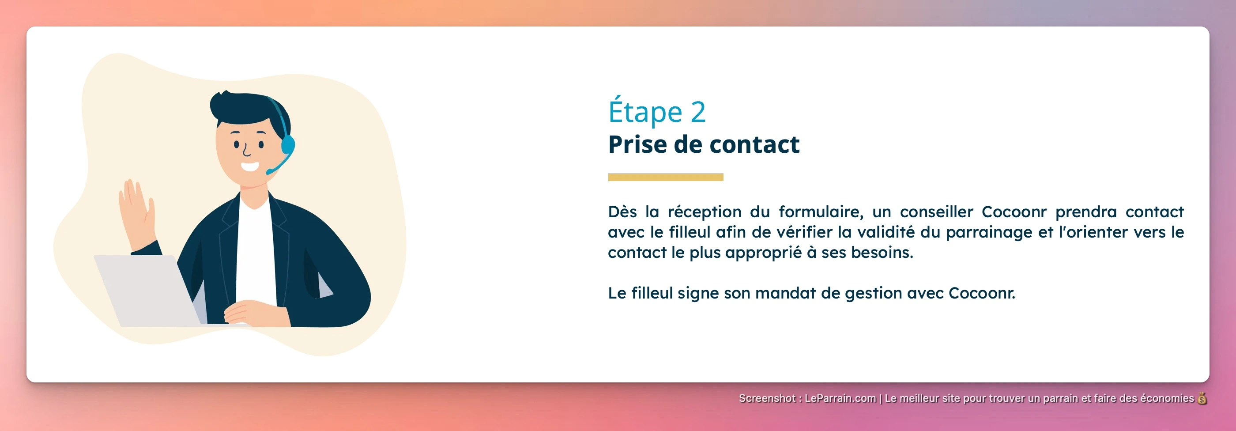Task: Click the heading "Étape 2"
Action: [x=656, y=111]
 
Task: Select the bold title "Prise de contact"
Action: [x=703, y=144]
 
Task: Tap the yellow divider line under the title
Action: [x=665, y=177]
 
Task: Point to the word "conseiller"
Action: [x=936, y=212]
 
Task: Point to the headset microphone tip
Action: [x=269, y=172]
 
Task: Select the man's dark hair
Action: [x=245, y=108]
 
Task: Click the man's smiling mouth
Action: [x=249, y=167]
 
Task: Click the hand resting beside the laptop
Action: [x=249, y=312]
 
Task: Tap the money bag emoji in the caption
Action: [x=1202, y=398]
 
